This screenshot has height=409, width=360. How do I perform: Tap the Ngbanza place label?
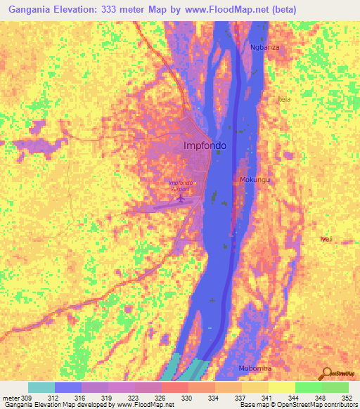pyautogui.click(x=265, y=48)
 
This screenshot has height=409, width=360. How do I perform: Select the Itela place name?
pyautogui.click(x=284, y=99)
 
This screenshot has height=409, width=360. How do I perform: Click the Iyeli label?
pyautogui.click(x=326, y=239)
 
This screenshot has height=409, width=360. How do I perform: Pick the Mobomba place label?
pyautogui.click(x=255, y=369)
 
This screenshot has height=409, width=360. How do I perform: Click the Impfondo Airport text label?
pyautogui.click(x=182, y=186)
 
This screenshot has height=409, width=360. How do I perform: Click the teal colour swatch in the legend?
pyautogui.click(x=41, y=387)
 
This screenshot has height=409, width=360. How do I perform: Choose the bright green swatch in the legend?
pyautogui.click(x=308, y=387)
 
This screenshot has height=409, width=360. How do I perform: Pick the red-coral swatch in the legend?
pyautogui.click(x=174, y=387)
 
